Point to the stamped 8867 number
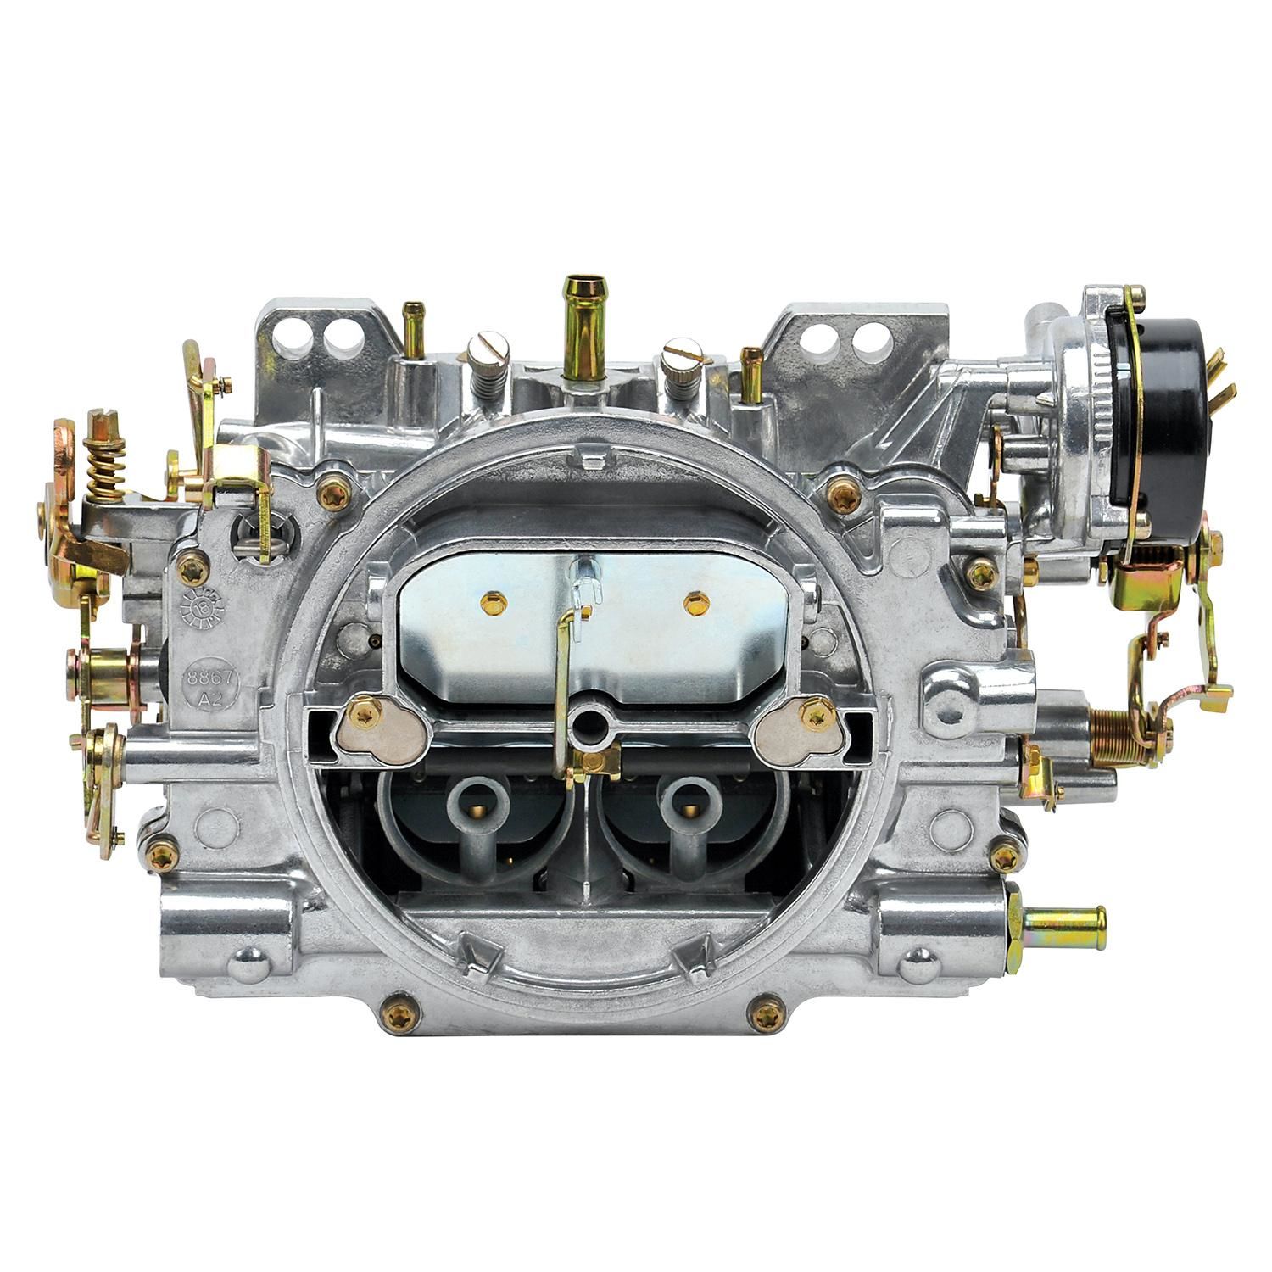click(211, 679)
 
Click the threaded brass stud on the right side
click(1112, 728)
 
